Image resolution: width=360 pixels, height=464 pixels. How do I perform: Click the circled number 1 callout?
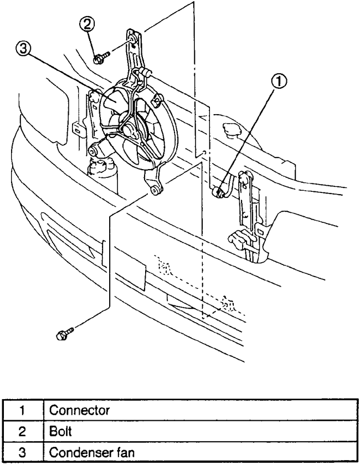pos(280,81)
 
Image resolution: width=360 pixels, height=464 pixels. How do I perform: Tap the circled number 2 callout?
pos(90,23)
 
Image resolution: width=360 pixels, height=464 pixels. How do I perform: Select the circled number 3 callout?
pos(24,50)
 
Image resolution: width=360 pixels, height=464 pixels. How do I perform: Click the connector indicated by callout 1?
pos(219,192)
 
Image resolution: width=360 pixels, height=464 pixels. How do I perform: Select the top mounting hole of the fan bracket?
pos(133,39)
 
